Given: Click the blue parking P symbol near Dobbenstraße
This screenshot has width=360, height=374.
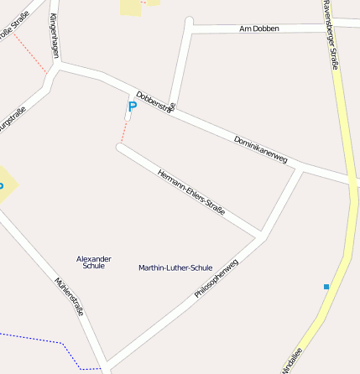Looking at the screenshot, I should coord(132,106).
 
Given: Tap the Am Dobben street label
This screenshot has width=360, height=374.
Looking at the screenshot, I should coord(259,29).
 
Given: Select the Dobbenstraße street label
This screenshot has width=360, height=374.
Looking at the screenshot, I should coord(155,101).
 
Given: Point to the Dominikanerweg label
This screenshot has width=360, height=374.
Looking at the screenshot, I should coord(260,148).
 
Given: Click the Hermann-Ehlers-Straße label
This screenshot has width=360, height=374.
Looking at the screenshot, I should coord(191,192).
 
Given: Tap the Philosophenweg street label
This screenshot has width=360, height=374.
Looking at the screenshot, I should coord(217,279).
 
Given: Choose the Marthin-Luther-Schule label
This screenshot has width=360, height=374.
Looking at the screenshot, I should coord(175,268).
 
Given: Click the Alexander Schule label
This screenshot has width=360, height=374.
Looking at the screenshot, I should coord(94,262).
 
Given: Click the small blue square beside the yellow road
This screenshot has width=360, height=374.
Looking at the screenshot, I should coord(326,287).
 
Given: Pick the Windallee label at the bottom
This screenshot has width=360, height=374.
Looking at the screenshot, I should coord(288,361).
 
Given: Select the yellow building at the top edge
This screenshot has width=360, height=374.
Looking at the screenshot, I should coord(131,7).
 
